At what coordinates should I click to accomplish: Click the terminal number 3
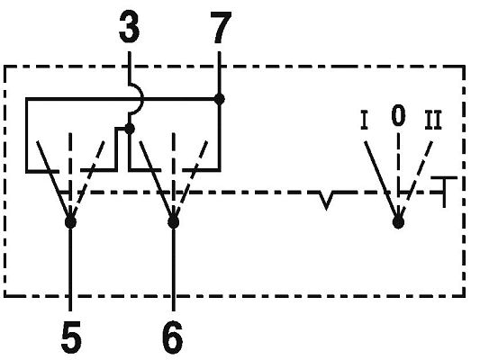tap(129, 29)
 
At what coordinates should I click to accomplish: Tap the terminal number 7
tap(221, 28)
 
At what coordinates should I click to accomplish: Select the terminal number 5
tap(71, 337)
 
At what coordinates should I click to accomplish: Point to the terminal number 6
tap(173, 337)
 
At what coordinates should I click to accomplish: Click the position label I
tap(364, 121)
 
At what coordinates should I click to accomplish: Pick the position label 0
tap(398, 115)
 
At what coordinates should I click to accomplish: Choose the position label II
tap(433, 121)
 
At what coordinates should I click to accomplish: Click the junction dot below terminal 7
tap(219, 99)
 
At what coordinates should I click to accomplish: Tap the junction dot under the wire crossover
tap(130, 129)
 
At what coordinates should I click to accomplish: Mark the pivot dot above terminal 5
tap(71, 222)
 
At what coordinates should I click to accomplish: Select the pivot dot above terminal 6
tap(173, 222)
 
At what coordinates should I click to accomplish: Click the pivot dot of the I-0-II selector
tap(398, 222)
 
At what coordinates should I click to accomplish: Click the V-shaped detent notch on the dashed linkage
tap(326, 201)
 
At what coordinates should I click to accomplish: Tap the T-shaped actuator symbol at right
tap(445, 192)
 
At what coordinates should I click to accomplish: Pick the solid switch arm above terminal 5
tap(53, 179)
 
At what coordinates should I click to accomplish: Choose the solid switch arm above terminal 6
tap(157, 179)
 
